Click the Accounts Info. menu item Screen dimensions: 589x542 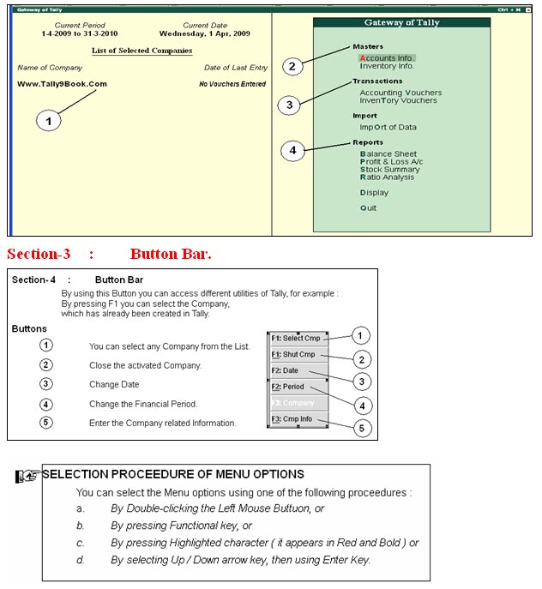click(x=387, y=57)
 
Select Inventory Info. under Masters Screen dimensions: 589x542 click(x=387, y=66)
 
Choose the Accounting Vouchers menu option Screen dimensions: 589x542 click(x=400, y=93)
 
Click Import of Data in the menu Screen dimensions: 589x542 click(x=388, y=127)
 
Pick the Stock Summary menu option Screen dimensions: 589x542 click(x=391, y=170)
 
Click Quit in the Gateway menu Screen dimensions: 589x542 click(x=368, y=208)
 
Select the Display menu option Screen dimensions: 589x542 click(x=374, y=193)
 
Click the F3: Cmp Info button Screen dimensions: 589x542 click(x=296, y=418)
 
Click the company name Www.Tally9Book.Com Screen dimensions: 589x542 click(x=62, y=84)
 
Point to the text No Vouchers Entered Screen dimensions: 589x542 click(x=232, y=84)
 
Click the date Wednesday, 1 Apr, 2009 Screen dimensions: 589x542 click(x=204, y=34)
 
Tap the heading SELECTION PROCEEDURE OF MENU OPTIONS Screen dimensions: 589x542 click(x=172, y=474)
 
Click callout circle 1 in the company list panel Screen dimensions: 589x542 click(x=49, y=122)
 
